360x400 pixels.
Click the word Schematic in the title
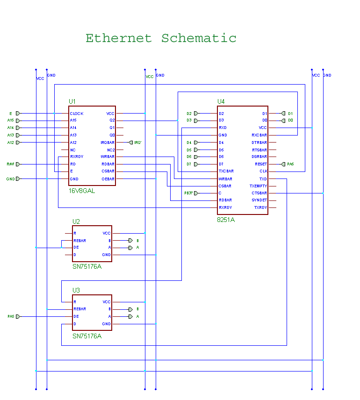pyautogui.click(x=199, y=38)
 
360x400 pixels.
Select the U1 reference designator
pyautogui.click(x=72, y=101)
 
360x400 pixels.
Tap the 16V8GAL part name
pyautogui.click(x=82, y=191)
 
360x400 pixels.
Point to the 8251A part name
pyautogui.click(x=226, y=220)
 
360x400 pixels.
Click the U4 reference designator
pyautogui.click(x=221, y=101)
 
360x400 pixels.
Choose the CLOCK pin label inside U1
pyautogui.click(x=77, y=114)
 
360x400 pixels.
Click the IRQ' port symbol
pyautogui.click(x=131, y=143)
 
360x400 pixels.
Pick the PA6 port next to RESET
pyautogui.click(x=283, y=164)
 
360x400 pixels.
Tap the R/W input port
pyautogui.click(x=18, y=164)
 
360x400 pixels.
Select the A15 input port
pyautogui.click(x=18, y=121)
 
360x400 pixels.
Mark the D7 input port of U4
pyautogui.click(x=196, y=164)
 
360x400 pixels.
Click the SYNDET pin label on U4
pyautogui.click(x=259, y=200)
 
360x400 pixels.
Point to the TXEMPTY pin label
pyautogui.click(x=259, y=186)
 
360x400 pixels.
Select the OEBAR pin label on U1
pyautogui.click(x=108, y=179)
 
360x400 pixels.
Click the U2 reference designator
pyautogui.click(x=76, y=221)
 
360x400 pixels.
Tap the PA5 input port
pyautogui.click(x=18, y=317)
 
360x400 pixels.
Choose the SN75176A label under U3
pyautogui.click(x=86, y=336)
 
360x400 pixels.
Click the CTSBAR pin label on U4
pyautogui.click(x=259, y=193)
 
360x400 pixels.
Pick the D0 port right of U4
pyautogui.click(x=284, y=121)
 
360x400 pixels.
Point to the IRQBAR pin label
pyautogui.click(x=108, y=143)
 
